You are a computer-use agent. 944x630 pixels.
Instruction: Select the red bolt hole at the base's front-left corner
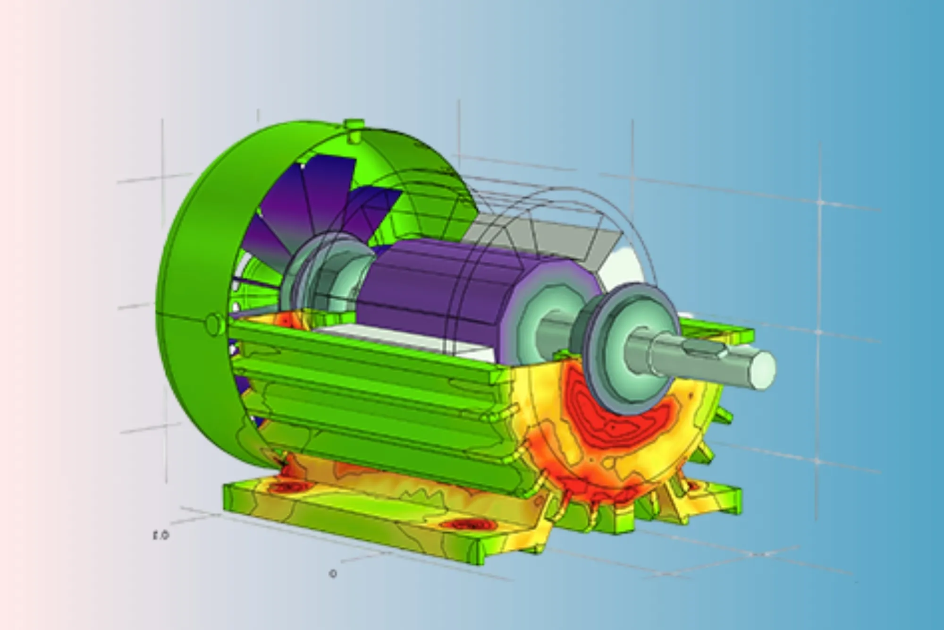tap(287, 487)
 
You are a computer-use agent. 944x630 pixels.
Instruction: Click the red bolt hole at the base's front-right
tap(465, 525)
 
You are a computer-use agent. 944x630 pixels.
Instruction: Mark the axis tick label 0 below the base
tap(333, 574)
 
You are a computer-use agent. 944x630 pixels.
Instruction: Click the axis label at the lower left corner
tap(160, 536)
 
